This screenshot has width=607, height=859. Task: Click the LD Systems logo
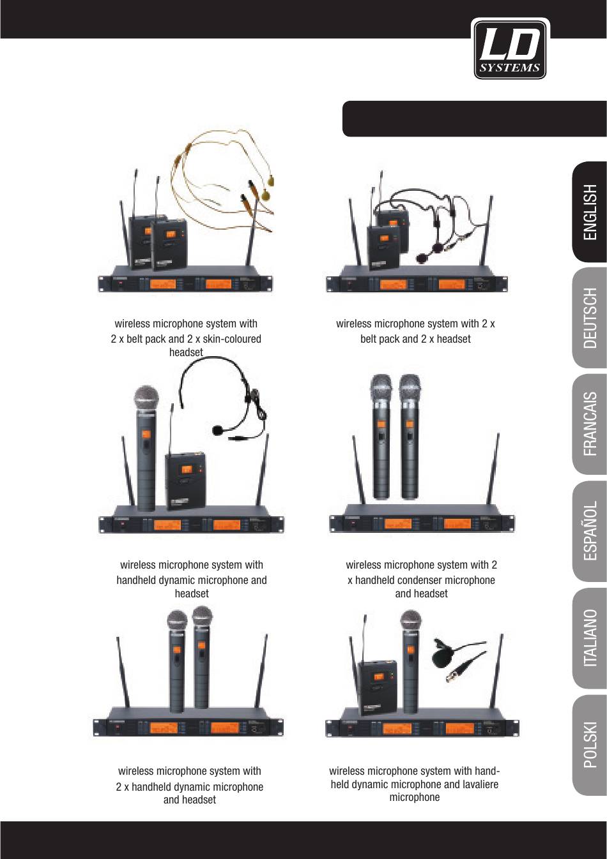coord(510,49)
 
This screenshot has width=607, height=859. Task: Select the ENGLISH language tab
coord(590,212)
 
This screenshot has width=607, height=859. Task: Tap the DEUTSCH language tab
coord(590,318)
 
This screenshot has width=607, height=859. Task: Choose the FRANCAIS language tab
coord(590,424)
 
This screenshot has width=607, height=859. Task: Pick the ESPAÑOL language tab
coord(590,531)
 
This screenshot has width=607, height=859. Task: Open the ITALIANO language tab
coord(590,638)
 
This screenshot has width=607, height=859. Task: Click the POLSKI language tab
coord(590,745)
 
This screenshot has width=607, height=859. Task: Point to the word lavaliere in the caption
coord(480,784)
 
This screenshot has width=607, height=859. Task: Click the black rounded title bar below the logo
coord(475,119)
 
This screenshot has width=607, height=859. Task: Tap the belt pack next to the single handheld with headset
coord(185,482)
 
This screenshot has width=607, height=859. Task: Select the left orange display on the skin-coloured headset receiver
coord(162,284)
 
